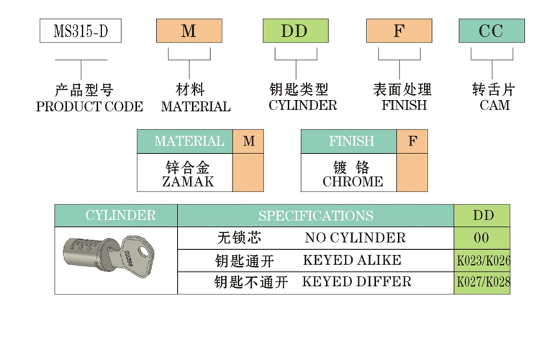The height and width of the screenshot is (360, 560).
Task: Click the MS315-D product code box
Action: coord(80,31)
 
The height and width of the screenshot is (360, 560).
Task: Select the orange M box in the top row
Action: coord(189,31)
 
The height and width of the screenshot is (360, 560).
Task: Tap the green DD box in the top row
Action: coord(294,31)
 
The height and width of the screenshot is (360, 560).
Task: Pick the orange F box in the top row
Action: coord(399,31)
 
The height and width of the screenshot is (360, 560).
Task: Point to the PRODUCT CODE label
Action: coord(89,107)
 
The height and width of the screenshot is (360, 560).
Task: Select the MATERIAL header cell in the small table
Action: coord(189,142)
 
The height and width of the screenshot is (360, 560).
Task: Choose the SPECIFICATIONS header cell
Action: coord(315,216)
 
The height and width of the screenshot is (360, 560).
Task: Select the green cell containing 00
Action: coord(482,238)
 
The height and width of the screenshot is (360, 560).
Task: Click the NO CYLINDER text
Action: coord(355,238)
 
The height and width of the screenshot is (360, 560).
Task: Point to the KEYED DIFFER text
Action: coord(357,282)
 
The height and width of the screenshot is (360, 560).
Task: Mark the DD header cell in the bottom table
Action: coord(482,215)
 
